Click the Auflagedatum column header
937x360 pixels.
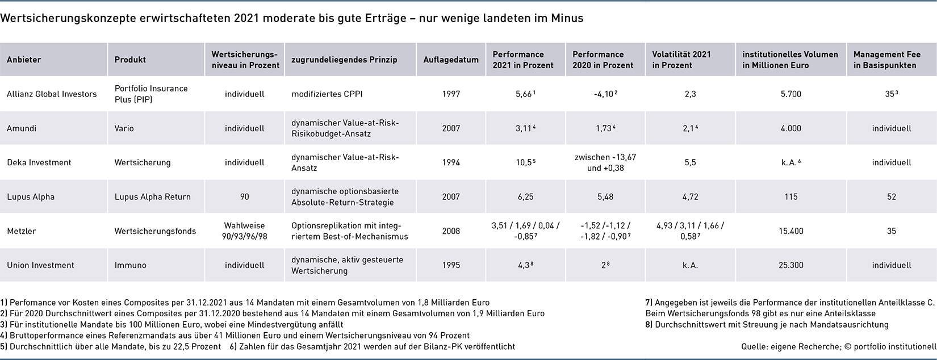coord(451,60)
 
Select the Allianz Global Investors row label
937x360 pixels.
coord(52,94)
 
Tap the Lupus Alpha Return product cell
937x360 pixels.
coord(153,197)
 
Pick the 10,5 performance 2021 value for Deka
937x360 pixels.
coord(525,162)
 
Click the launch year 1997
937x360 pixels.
coord(451,94)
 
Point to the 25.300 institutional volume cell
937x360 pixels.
coord(791,265)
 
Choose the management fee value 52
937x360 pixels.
coord(892,197)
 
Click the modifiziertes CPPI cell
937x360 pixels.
coord(327,94)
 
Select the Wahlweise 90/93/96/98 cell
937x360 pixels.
coord(245,231)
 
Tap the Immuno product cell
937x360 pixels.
coord(131,265)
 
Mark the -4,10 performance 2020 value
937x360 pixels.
coord(605,94)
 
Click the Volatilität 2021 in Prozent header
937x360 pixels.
coord(681,60)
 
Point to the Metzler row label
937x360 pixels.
coord(22,231)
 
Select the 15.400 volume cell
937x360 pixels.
coord(791,231)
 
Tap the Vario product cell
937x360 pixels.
coord(124,128)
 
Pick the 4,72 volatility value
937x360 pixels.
coord(690,197)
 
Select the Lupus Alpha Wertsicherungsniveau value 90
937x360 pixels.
coord(245,197)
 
